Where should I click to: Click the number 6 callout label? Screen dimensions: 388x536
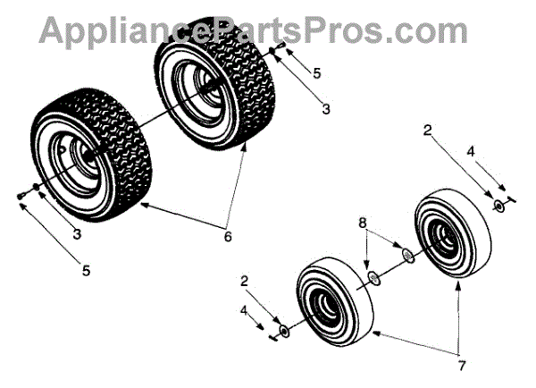pyautogui.click(x=228, y=237)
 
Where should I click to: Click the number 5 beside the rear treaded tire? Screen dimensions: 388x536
pyautogui.click(x=317, y=70)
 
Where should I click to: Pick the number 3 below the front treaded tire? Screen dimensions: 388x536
pyautogui.click(x=77, y=234)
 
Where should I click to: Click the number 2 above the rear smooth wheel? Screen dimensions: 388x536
pyautogui.click(x=428, y=131)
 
